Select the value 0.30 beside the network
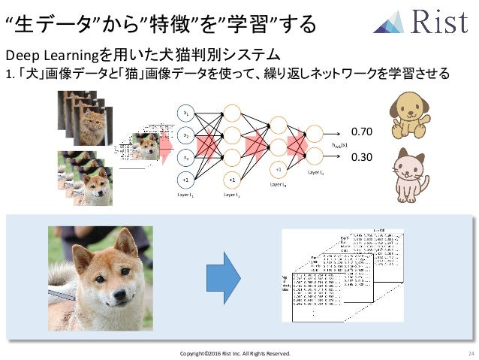point(362,158)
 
